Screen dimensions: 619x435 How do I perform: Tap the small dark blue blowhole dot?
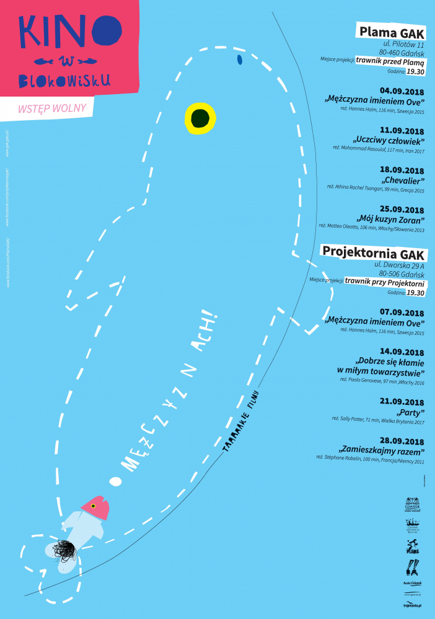click(x=239, y=59)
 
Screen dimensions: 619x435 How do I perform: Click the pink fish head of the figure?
click(x=96, y=507)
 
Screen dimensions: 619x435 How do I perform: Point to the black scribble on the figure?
click(x=64, y=549)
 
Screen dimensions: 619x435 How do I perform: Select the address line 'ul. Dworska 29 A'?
click(x=398, y=265)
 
